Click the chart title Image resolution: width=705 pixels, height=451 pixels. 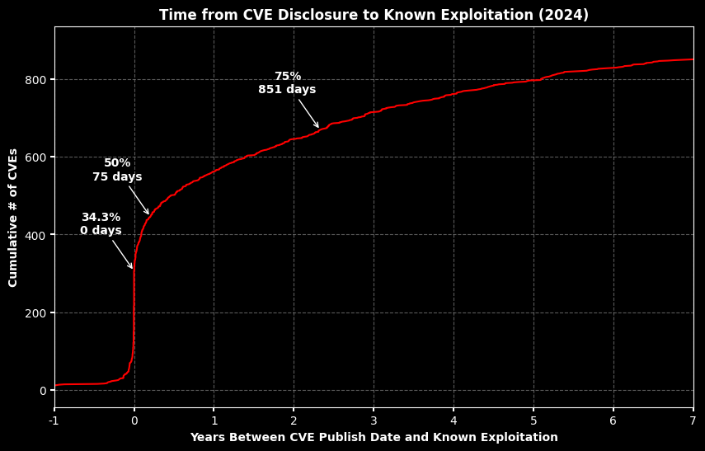tap(374, 15)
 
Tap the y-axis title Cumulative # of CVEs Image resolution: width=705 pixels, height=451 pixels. tap(13, 218)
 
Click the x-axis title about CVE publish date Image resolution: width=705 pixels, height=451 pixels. tap(374, 437)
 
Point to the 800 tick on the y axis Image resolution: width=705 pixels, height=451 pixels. tap(35, 80)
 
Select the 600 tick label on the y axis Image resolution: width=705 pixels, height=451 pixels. tap(35, 157)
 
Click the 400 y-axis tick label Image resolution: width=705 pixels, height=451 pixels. tap(35, 235)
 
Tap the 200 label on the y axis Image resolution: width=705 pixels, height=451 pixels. tap(35, 312)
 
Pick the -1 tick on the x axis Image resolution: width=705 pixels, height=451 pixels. tap(54, 420)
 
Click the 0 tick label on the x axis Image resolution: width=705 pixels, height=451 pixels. tap(134, 420)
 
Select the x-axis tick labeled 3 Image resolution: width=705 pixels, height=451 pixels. tap(374, 420)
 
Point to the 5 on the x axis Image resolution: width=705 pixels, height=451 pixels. tap(533, 420)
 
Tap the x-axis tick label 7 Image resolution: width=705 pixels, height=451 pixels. tap(693, 420)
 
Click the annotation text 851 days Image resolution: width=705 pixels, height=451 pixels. tap(287, 90)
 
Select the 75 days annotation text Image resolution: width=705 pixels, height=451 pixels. tap(117, 177)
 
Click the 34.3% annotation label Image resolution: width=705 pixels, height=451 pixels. tap(101, 217)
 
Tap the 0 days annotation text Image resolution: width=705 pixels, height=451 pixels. tap(101, 231)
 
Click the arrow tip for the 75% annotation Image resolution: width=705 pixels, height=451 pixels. tap(318, 128)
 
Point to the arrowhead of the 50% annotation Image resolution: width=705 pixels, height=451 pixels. tap(149, 214)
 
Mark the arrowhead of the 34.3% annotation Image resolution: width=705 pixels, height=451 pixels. tap(132, 269)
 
